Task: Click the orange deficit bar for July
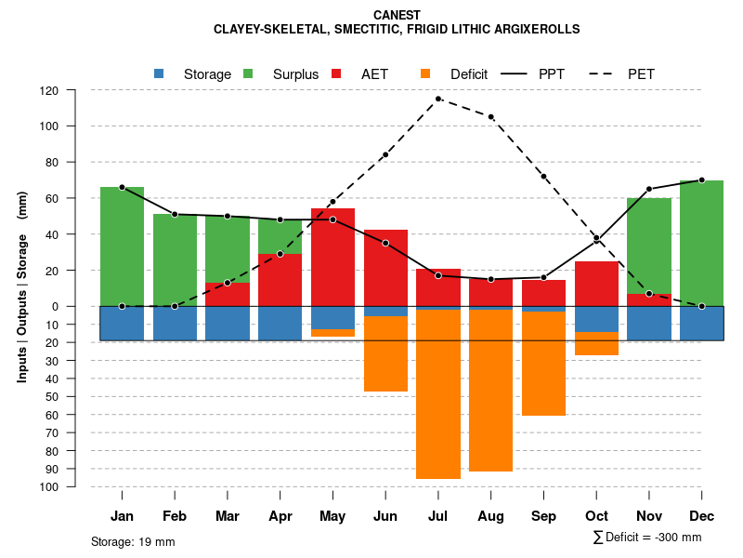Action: click(438, 394)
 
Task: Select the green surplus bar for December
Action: click(701, 243)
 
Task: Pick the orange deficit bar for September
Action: click(543, 364)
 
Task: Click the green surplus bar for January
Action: click(122, 246)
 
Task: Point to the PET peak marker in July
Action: click(438, 99)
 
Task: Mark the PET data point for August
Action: click(490, 117)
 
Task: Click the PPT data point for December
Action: click(701, 180)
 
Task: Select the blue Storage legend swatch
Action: click(159, 73)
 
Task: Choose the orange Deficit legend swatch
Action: click(425, 73)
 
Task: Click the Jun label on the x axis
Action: click(385, 516)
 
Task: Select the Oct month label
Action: click(596, 516)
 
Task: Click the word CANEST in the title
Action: click(397, 15)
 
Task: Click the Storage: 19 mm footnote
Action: click(133, 541)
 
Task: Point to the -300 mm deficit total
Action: click(678, 538)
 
